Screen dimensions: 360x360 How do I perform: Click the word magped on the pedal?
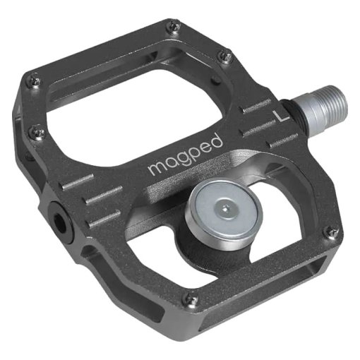186,155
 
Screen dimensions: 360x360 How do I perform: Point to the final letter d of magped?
217,139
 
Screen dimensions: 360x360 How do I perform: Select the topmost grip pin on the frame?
173,28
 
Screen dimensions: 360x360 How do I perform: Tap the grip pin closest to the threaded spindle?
225,56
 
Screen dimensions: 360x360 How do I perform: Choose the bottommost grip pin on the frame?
190,299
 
